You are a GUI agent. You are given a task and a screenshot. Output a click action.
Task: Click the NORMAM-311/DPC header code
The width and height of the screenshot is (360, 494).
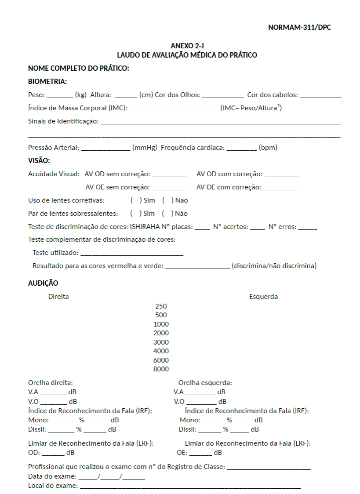tap(299, 28)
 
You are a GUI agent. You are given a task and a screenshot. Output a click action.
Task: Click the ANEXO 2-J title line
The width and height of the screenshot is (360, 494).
tap(187, 46)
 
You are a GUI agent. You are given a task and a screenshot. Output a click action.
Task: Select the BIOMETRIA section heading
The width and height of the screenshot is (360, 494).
tap(47, 81)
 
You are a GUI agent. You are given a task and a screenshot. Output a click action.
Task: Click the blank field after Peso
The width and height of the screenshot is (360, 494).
tap(60, 95)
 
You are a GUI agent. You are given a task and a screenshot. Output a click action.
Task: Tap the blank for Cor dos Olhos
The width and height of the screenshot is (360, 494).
tap(223, 95)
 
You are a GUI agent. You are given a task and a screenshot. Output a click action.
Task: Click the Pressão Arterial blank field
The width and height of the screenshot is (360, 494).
tap(105, 149)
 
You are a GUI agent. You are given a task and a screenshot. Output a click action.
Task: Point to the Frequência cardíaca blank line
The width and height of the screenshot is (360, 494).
tap(242, 149)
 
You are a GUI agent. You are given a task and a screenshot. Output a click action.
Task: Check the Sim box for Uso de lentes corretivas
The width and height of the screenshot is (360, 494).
tap(135, 200)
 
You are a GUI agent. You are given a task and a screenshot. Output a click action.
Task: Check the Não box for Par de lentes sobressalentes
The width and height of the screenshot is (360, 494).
tap(167, 214)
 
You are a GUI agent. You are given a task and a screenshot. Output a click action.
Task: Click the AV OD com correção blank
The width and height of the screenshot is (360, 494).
tap(281, 175)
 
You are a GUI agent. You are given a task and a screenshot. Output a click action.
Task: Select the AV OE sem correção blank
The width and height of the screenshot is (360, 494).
tap(168, 188)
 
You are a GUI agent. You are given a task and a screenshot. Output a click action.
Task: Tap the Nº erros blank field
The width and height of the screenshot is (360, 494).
tap(308, 228)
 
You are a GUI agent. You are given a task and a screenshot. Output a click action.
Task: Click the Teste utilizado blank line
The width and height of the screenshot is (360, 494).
tap(131, 254)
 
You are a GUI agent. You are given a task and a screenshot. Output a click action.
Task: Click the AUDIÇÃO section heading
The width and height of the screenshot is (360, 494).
tap(43, 283)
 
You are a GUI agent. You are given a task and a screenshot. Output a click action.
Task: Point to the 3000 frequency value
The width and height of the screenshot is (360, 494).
tap(161, 342)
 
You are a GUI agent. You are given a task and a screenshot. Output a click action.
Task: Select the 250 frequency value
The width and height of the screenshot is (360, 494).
tap(161, 306)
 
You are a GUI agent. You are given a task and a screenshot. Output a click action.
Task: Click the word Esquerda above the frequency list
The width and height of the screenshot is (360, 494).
tap(263, 296)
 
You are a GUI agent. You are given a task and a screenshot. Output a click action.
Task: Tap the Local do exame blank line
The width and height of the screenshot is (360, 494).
tap(190, 487)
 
